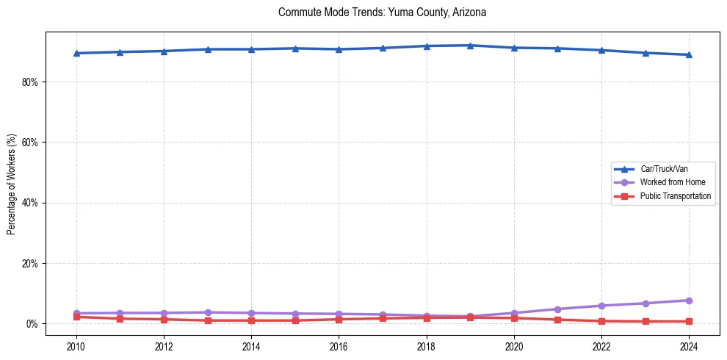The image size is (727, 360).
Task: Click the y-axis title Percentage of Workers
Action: click(12, 184)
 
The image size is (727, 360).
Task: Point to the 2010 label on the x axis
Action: click(76, 346)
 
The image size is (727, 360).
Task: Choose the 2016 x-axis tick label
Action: click(339, 346)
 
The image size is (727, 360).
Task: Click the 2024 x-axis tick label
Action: click(689, 346)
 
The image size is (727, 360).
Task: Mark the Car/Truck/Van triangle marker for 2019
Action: click(470, 46)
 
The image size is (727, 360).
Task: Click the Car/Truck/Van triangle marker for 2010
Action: click(76, 53)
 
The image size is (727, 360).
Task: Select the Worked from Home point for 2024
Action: click(689, 300)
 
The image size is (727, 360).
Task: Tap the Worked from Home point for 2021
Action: click(557, 309)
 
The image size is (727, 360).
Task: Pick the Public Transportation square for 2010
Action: click(76, 317)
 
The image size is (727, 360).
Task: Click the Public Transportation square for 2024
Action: click(689, 321)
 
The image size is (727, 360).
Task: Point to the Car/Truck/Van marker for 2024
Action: click(689, 54)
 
